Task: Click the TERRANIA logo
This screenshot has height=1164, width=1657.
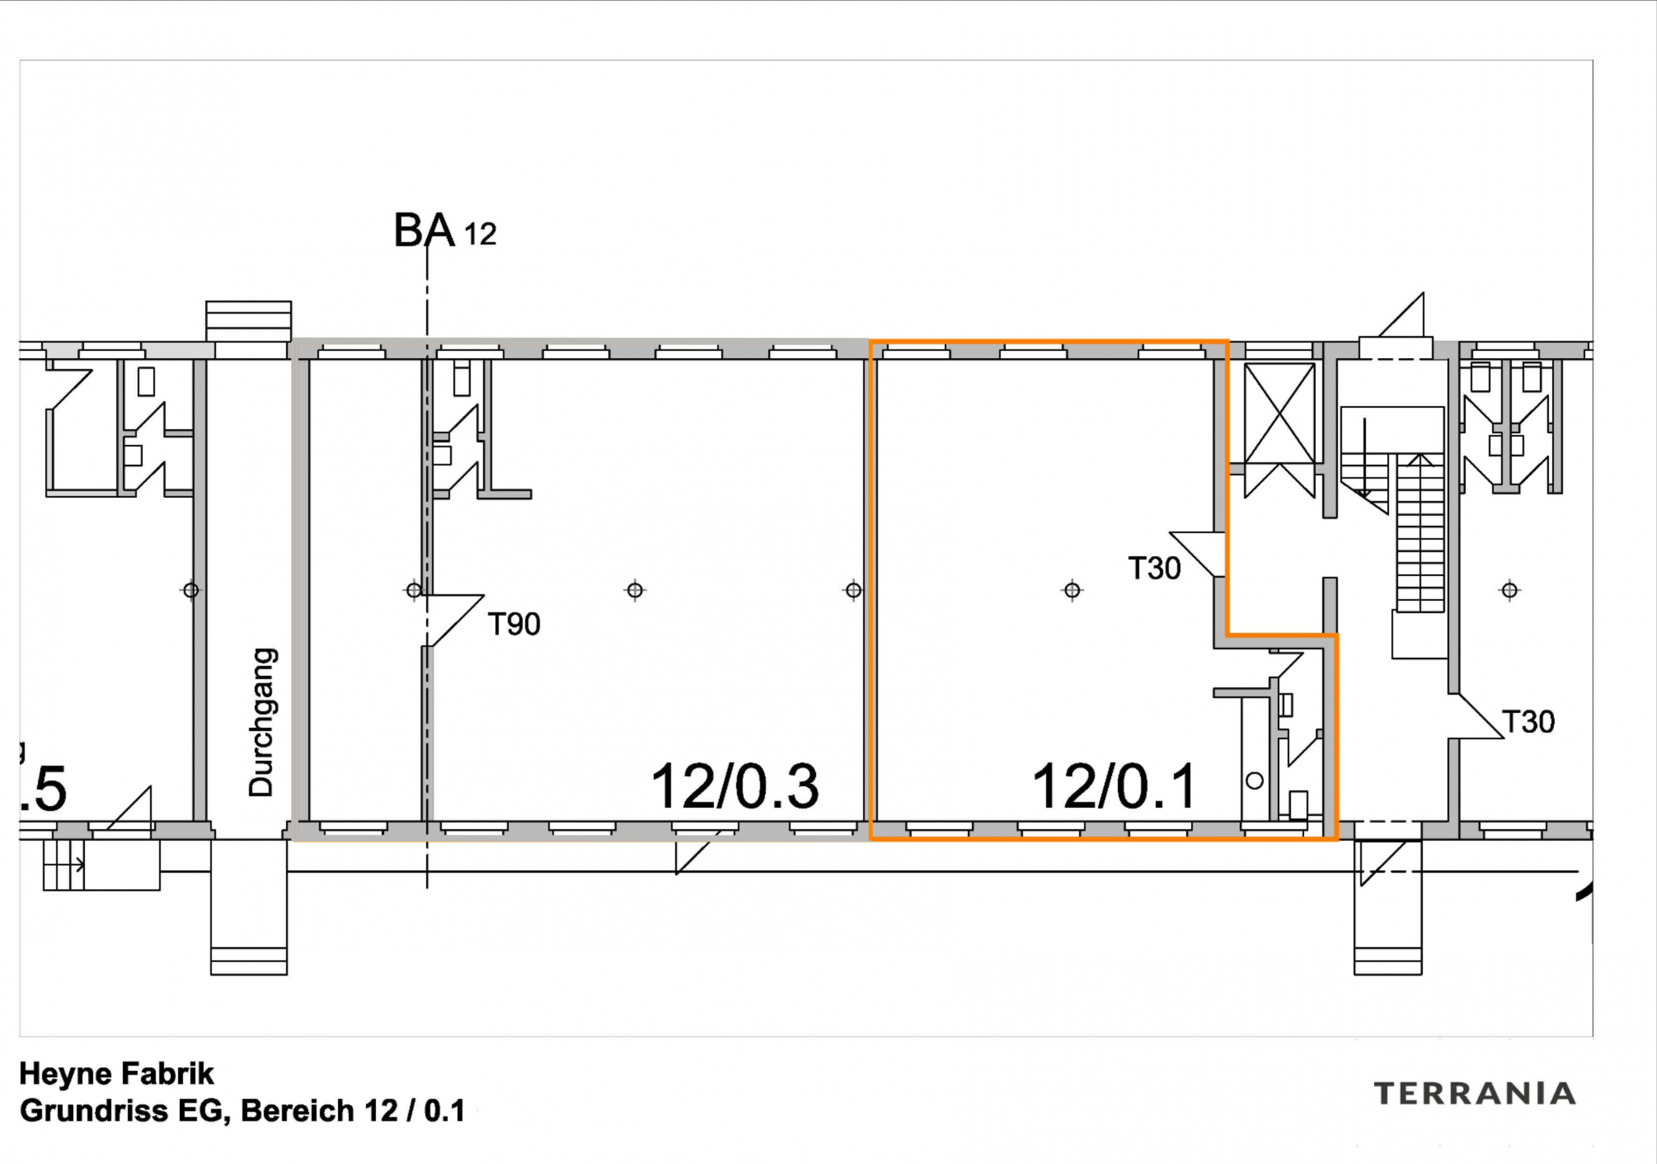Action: (x=1474, y=1093)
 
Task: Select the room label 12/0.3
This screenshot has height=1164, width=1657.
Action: (x=735, y=787)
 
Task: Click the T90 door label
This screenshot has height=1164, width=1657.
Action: (x=514, y=624)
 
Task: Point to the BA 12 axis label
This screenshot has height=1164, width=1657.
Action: (x=445, y=232)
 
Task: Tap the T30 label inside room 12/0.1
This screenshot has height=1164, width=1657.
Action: (x=1154, y=568)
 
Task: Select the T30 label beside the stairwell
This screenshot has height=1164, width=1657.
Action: (x=1528, y=722)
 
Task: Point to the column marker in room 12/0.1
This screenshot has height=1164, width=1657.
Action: (x=1072, y=590)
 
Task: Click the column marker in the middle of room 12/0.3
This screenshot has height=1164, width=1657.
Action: (x=634, y=590)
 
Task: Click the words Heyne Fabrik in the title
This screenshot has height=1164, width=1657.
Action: (x=117, y=1074)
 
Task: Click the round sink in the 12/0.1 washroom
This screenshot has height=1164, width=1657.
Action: (x=1254, y=780)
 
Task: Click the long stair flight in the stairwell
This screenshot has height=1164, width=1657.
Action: (x=1420, y=534)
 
